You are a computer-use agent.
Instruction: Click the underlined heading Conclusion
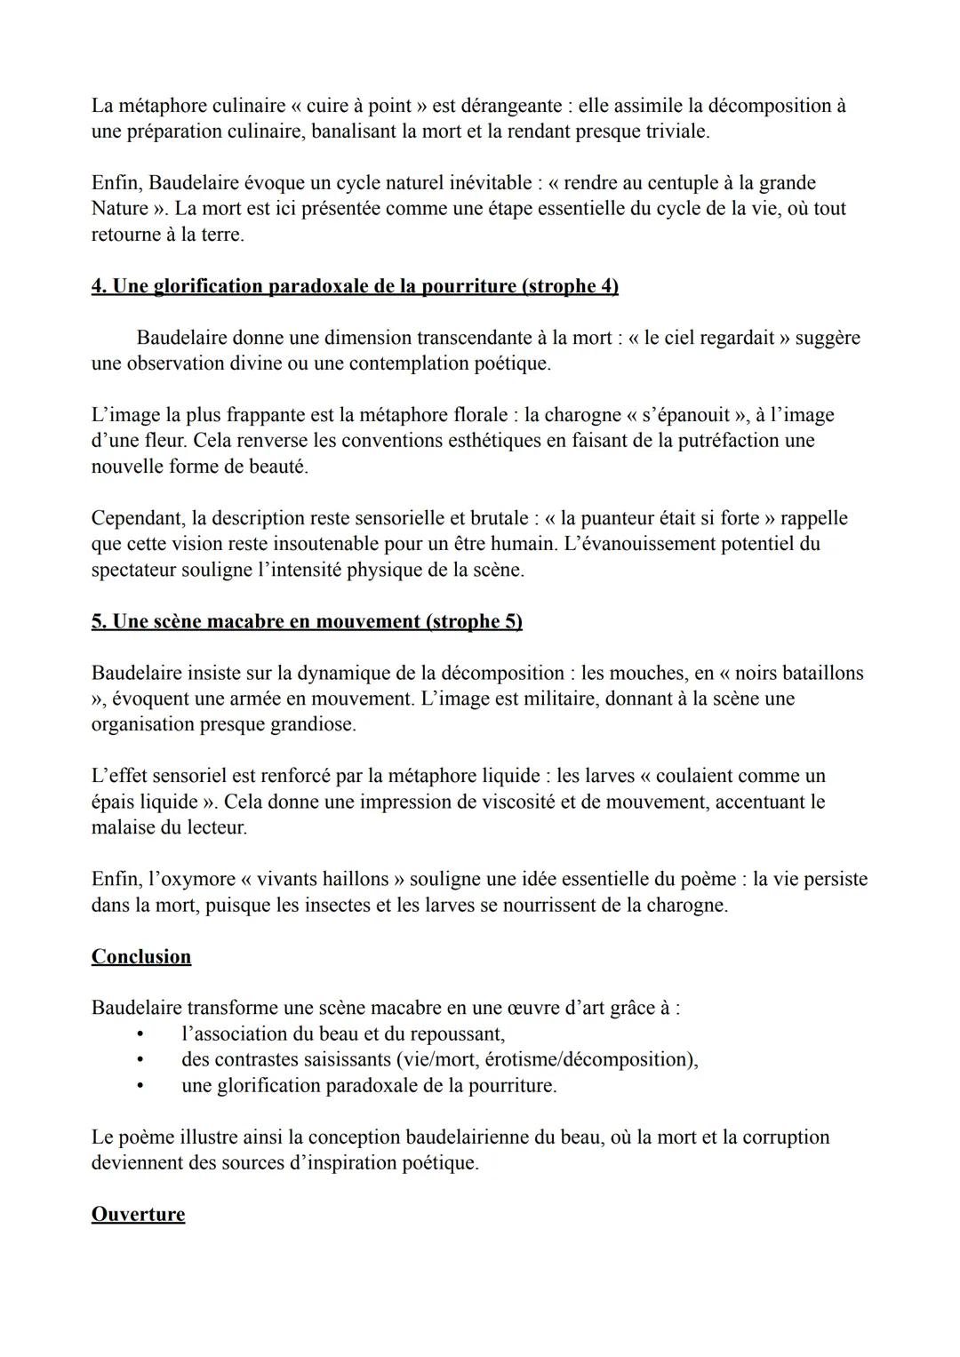pos(140,957)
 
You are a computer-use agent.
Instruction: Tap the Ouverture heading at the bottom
pos(138,1215)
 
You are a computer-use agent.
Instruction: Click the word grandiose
pos(312,724)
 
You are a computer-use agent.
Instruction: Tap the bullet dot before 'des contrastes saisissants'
pos(140,1060)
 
